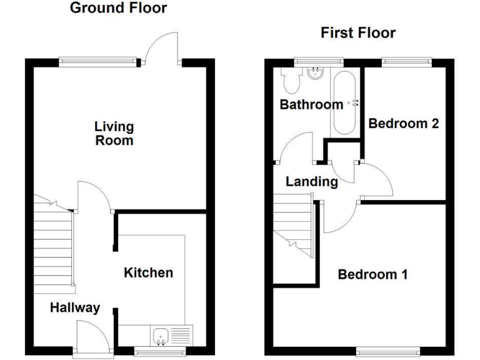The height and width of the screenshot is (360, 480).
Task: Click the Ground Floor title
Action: (118, 8)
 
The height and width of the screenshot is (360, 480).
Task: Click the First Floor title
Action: (358, 33)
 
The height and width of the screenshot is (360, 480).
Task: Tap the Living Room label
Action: (114, 133)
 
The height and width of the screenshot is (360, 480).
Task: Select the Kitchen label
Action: (148, 272)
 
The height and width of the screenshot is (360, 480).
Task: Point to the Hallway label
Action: (75, 307)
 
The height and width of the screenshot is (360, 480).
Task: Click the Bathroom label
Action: (311, 104)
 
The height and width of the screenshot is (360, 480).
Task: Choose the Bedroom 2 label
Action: (403, 123)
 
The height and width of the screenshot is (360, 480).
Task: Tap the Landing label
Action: (311, 182)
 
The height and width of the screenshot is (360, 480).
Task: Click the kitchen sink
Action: (161, 336)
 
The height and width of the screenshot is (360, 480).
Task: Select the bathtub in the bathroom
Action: (344, 103)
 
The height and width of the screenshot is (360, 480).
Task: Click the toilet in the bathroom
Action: (290, 79)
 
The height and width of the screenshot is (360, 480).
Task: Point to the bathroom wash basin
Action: (316, 74)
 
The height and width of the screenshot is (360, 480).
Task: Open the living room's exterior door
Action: (161, 47)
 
